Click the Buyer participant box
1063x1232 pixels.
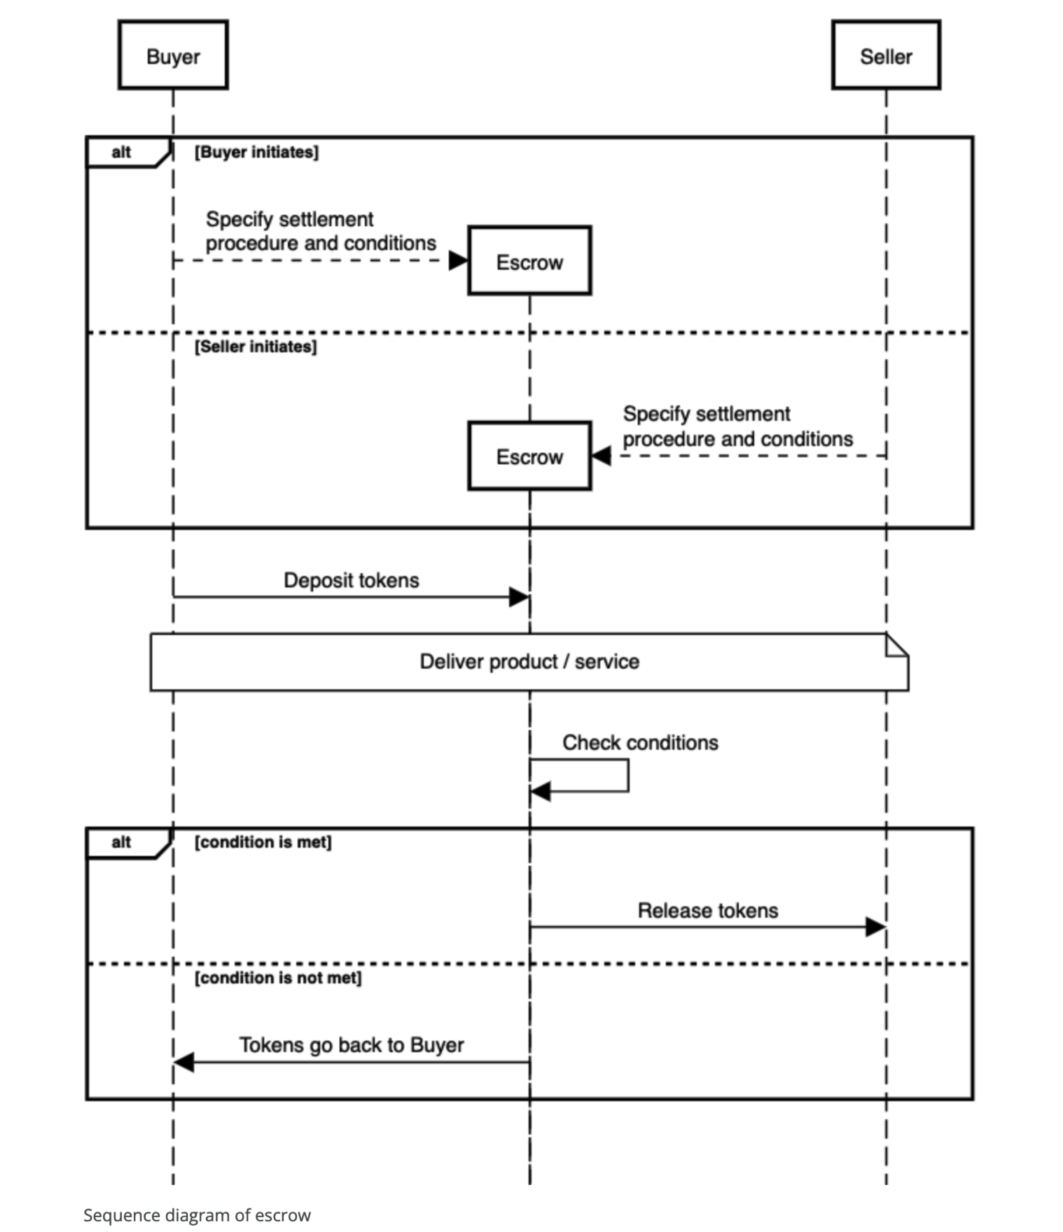[x=173, y=55]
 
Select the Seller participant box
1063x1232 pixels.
[x=886, y=55]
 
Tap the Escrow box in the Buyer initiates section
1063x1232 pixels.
[x=529, y=260]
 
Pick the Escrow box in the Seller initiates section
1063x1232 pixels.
[x=529, y=456]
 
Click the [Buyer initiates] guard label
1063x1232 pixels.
[x=256, y=152]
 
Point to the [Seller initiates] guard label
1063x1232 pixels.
[x=256, y=346]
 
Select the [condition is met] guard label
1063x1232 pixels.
[x=263, y=841]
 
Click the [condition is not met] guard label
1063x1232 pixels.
[x=278, y=977]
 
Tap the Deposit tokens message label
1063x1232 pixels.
[x=352, y=580]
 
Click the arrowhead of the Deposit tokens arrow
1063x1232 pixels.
[x=519, y=597]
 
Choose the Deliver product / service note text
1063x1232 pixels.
[x=529, y=661]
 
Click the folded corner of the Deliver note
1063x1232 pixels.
[x=897, y=645]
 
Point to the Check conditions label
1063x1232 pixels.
[x=640, y=743]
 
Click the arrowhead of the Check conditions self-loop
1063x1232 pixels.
[x=541, y=792]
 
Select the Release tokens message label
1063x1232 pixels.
[x=708, y=911]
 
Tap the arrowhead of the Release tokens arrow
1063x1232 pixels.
[x=875, y=927]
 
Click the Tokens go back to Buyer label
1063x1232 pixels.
[x=352, y=1045]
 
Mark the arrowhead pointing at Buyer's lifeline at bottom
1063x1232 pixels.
[x=184, y=1062]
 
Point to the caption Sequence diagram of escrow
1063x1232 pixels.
[x=197, y=1215]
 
